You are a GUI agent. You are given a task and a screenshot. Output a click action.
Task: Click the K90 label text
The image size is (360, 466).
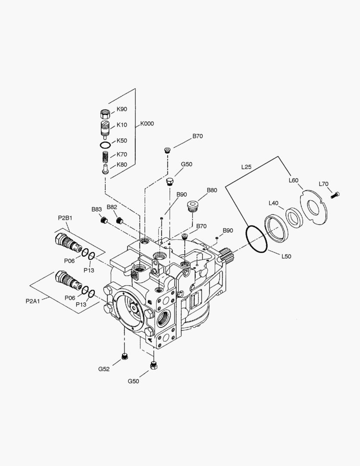(x=122, y=109)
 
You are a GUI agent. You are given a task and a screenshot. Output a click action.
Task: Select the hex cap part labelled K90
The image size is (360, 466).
(x=105, y=114)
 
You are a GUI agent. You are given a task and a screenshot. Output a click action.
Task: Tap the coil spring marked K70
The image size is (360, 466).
(x=105, y=155)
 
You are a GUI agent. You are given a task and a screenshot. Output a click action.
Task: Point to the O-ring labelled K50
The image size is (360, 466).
(x=105, y=145)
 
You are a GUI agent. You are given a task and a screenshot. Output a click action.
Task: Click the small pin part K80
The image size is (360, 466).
(x=105, y=169)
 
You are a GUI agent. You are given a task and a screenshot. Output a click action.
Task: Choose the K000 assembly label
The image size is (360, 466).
(x=147, y=124)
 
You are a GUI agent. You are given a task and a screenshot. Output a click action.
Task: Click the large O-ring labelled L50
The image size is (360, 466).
(x=257, y=239)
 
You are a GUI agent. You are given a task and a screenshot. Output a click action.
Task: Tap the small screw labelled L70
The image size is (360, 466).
(x=335, y=195)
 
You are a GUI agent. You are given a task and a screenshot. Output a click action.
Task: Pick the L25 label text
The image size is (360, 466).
(x=246, y=167)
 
